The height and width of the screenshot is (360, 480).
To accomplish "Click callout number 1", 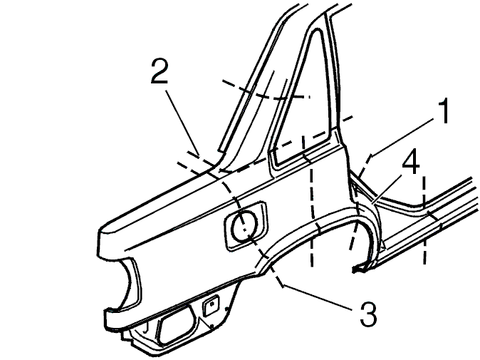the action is click(444, 111).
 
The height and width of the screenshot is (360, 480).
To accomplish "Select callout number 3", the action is click(368, 314).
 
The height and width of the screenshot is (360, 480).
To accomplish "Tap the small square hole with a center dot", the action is click(211, 305).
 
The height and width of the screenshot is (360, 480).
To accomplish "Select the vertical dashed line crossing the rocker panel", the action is click(424, 220).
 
